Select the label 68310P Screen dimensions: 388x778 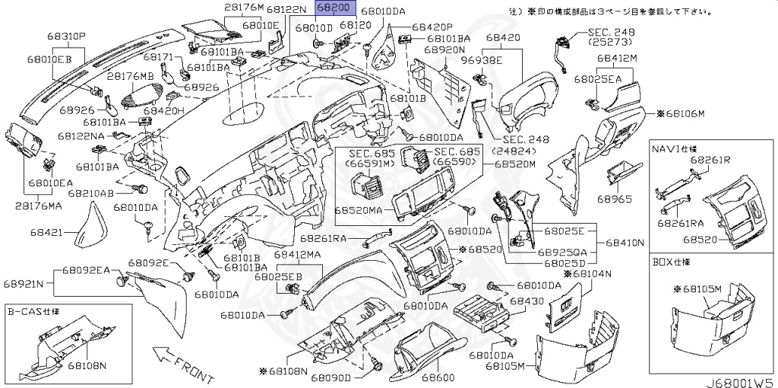tap(66, 36)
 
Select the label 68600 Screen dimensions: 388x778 tap(438, 378)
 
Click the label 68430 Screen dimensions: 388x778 tap(526, 302)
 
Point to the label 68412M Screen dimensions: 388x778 tap(616, 58)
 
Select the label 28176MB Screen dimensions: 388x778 tap(130, 77)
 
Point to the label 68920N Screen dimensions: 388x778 tap(444, 49)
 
